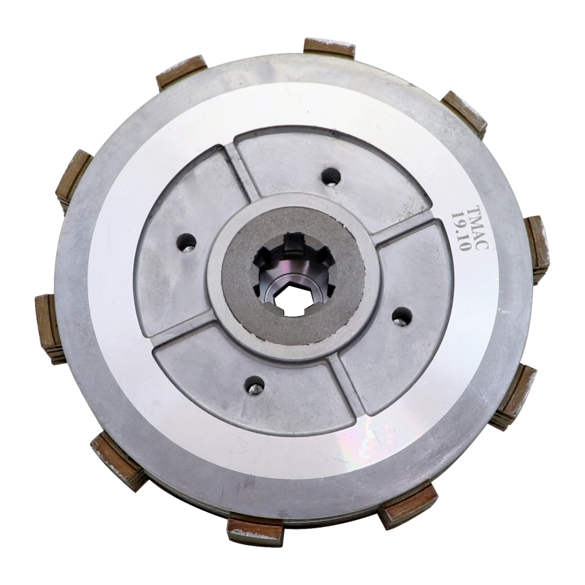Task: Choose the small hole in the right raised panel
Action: point(401,316)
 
